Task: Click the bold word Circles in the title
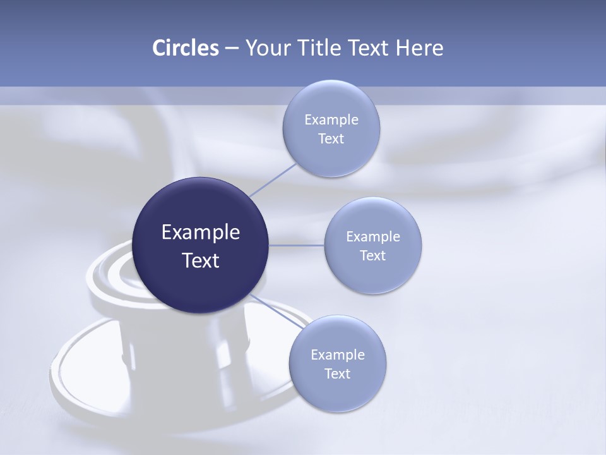click(x=186, y=48)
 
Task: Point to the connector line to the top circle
click(x=273, y=180)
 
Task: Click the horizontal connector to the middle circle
click(x=297, y=245)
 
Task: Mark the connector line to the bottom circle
click(x=278, y=311)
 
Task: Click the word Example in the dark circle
click(x=201, y=233)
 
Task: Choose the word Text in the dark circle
click(x=201, y=260)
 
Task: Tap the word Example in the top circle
click(x=331, y=120)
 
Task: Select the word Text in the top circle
click(x=331, y=139)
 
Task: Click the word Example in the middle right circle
click(x=373, y=237)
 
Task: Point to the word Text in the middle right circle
click(x=373, y=256)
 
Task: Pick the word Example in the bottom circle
click(x=338, y=355)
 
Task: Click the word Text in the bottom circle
click(x=338, y=374)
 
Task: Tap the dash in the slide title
click(x=232, y=49)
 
